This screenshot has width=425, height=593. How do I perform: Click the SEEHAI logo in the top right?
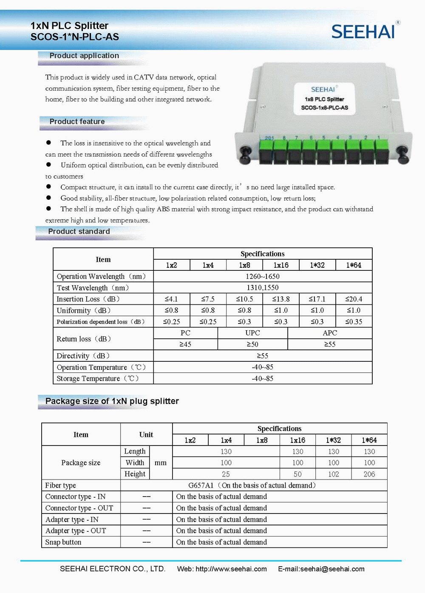pos(363,32)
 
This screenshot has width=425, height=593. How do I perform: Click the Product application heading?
pos(84,56)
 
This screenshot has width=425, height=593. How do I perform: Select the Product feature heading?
pos(77,122)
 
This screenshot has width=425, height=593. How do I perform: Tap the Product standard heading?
pos(79,231)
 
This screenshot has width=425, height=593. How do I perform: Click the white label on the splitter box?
pos(324,99)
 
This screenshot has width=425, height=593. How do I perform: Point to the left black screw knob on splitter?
pos(245,153)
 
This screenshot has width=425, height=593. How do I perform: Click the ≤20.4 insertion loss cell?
pos(354,299)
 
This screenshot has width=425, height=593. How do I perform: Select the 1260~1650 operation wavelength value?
pos(263,276)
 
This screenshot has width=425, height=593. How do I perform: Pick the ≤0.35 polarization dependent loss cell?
pos(354,322)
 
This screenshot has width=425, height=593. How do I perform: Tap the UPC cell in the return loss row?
pos(252,333)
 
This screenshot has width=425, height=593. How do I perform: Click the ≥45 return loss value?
pos(185,344)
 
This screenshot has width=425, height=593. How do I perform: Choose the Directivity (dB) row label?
pos(83,356)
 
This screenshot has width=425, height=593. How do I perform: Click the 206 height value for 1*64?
pos(369,474)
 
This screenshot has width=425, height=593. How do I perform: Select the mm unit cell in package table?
pos(161,462)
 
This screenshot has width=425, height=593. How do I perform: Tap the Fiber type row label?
pos(61,485)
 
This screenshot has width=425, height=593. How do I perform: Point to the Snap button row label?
pos(63,542)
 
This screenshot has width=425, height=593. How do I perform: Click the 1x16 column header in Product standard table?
pos(281,265)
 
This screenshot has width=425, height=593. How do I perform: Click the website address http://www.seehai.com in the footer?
pos(231,569)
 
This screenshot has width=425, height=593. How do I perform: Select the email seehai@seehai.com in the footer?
pos(332,569)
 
